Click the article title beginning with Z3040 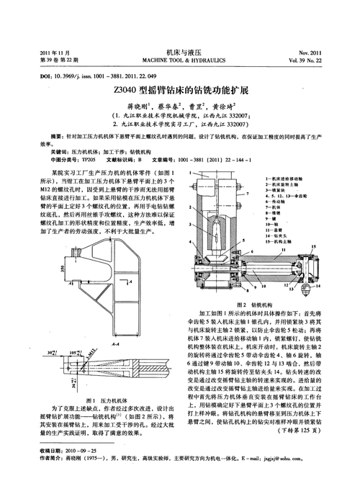(x=181, y=91)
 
